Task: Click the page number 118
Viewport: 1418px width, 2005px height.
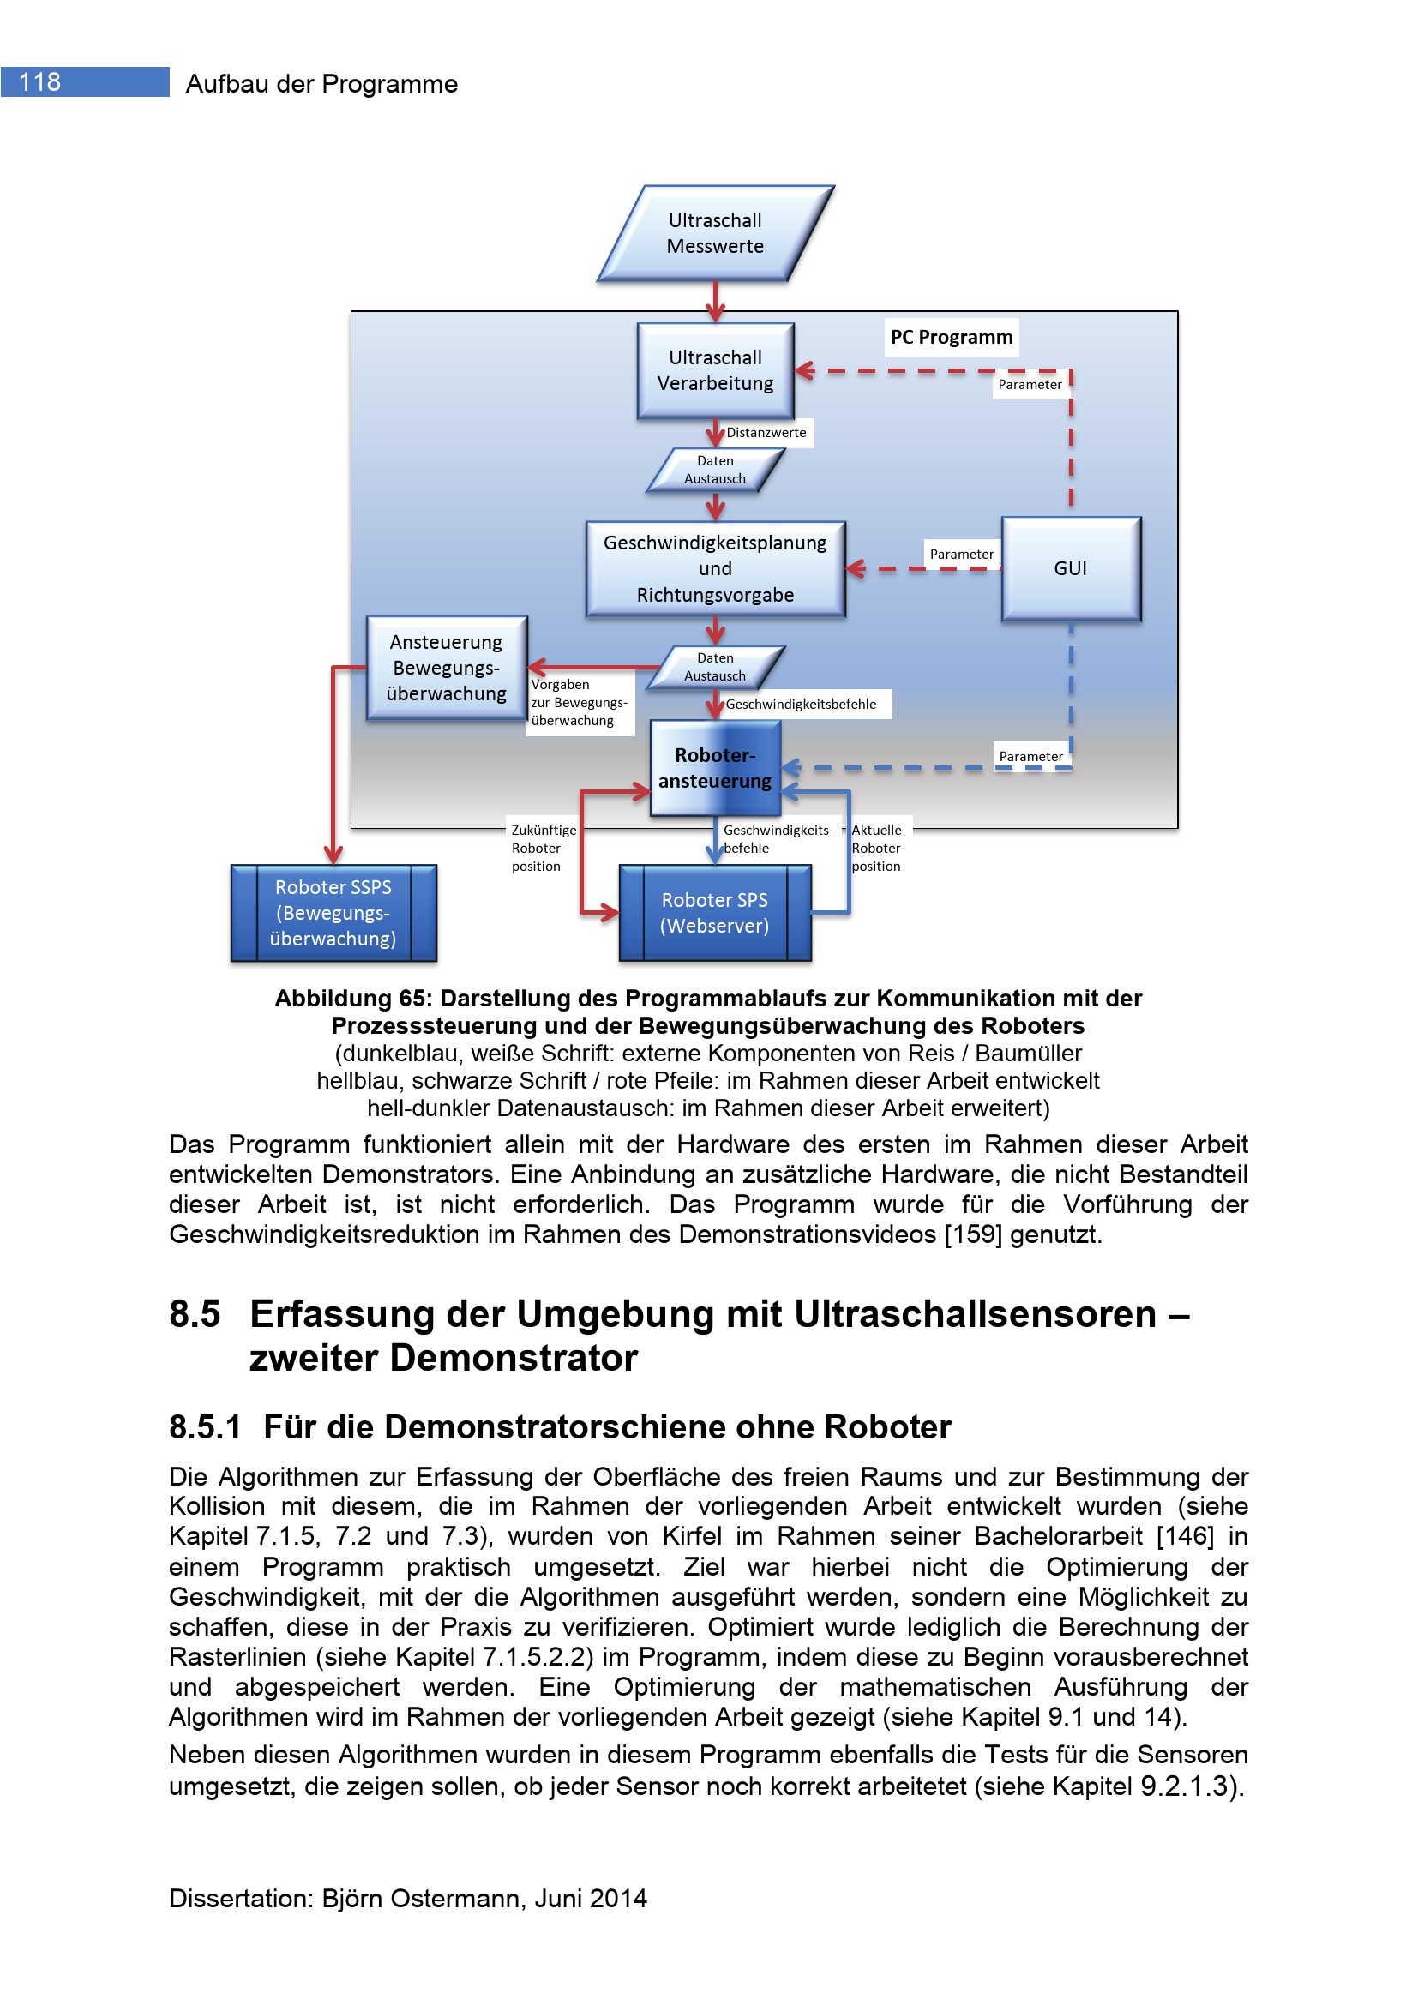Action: (40, 82)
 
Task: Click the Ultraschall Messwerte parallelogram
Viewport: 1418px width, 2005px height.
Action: (715, 233)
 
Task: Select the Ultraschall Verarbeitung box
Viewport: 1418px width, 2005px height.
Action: (715, 371)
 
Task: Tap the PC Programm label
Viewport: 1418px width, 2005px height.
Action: (951, 337)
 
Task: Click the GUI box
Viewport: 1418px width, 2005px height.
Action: (1071, 568)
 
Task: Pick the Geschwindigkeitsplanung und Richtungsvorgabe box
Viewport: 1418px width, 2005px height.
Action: (715, 568)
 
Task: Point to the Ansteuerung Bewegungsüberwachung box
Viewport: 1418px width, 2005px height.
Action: (446, 668)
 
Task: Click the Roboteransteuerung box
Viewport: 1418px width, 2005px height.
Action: (715, 768)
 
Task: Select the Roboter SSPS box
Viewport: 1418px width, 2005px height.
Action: (333, 913)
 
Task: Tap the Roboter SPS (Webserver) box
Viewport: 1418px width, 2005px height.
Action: (714, 913)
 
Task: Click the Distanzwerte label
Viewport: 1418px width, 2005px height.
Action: (766, 433)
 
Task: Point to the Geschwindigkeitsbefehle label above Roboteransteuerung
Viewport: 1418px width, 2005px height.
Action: (801, 705)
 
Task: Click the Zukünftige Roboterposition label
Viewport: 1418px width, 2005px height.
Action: (541, 848)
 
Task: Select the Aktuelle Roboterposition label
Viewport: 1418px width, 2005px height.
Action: (878, 848)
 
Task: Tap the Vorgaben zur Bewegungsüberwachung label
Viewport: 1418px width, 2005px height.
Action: (578, 703)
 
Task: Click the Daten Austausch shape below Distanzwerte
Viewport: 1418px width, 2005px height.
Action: (715, 471)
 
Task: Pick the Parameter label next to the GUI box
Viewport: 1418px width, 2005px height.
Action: (961, 555)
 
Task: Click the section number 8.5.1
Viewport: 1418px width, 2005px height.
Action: (204, 1427)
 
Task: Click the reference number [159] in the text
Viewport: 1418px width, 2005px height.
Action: (973, 1234)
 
